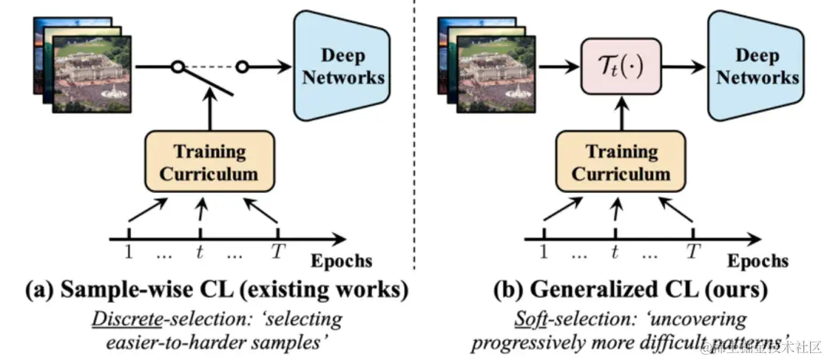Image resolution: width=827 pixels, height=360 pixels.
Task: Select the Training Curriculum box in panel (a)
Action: tap(200, 162)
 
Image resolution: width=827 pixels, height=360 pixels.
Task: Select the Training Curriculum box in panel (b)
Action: tap(615, 162)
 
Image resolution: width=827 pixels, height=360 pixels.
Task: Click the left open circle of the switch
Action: tap(175, 68)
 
